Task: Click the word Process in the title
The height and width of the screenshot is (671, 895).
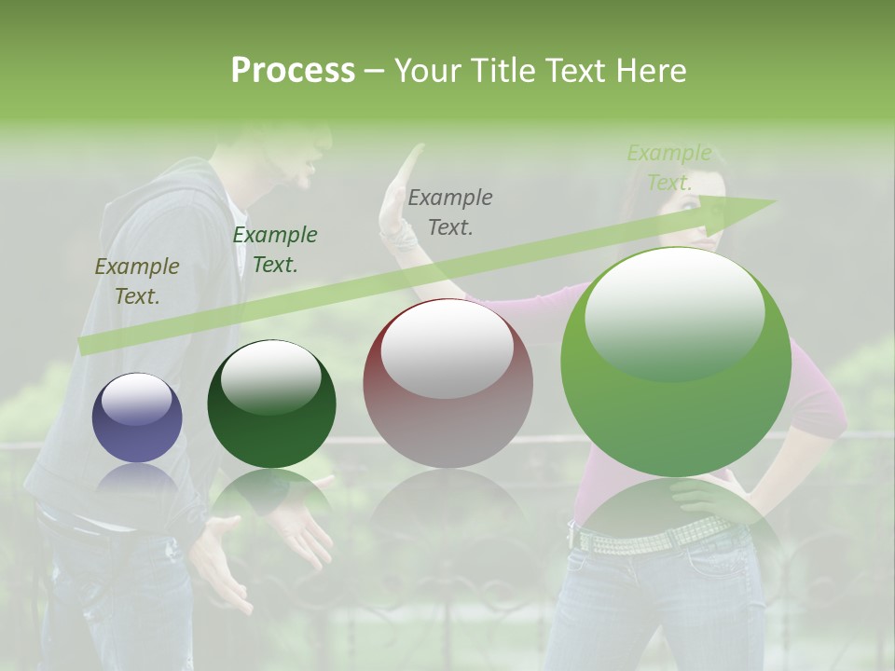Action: click(293, 71)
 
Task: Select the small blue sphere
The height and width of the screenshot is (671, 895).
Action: click(137, 418)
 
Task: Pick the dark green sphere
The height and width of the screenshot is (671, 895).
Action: click(271, 404)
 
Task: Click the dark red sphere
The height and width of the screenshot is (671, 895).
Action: click(447, 384)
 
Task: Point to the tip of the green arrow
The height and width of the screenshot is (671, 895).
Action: click(773, 201)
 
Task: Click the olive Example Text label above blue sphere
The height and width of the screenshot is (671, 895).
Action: click(137, 281)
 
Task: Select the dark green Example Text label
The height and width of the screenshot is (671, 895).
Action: click(275, 250)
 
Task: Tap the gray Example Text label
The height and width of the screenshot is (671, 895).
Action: click(450, 212)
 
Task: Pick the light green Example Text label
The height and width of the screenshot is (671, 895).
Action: click(668, 168)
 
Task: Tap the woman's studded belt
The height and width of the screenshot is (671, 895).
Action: click(643, 535)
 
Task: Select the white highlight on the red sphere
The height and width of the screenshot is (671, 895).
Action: click(447, 349)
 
